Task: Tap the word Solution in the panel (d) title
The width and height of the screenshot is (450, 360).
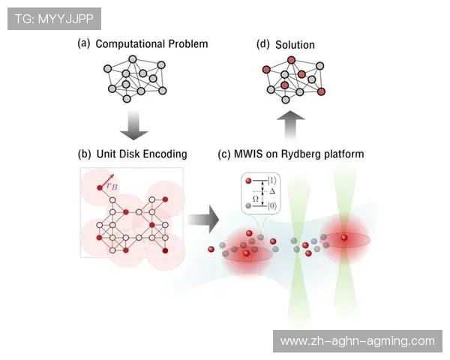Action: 295,45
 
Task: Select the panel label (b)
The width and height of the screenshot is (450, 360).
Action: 84,154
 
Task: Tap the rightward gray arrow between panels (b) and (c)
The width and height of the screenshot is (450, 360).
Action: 202,220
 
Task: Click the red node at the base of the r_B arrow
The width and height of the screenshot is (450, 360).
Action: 100,186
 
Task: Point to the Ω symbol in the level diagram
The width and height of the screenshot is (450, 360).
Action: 255,198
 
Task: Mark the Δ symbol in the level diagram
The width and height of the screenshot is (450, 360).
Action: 272,193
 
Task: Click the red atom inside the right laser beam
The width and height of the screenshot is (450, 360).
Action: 344,238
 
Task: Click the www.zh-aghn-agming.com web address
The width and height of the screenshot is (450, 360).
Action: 356,341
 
